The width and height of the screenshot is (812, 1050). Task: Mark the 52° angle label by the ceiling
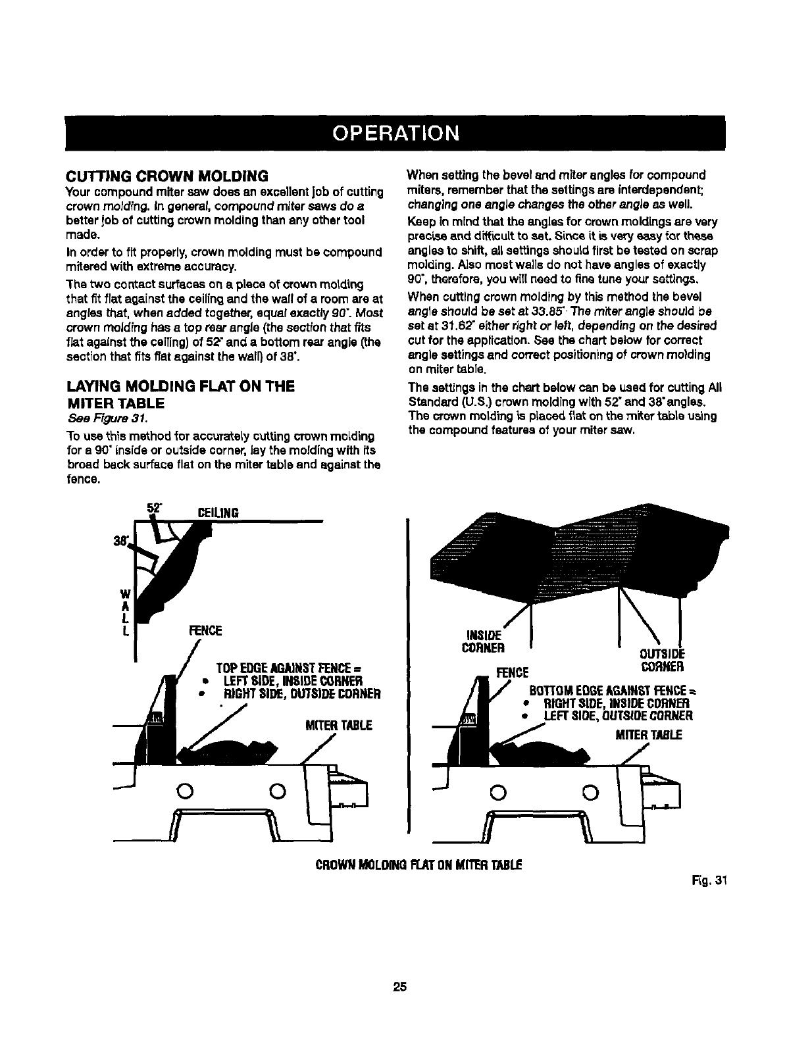pos(155,507)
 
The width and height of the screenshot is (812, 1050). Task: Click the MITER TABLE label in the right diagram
pos(648,734)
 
